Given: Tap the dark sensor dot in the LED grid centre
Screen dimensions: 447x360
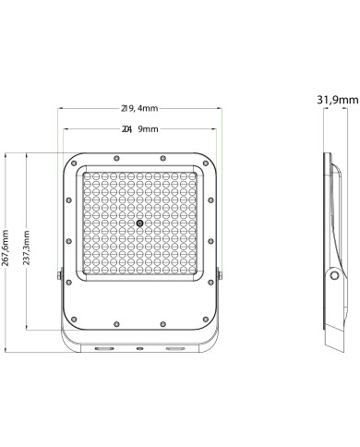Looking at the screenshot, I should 139,223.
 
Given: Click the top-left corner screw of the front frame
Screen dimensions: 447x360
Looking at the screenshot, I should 74,163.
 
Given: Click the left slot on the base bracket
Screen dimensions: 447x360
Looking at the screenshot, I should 103,349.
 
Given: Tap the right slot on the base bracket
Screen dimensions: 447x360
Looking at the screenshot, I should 175,349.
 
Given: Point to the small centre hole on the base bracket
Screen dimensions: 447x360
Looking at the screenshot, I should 139,349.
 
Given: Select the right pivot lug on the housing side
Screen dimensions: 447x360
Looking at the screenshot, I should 221,274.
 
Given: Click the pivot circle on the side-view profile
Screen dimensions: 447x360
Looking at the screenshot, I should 331,274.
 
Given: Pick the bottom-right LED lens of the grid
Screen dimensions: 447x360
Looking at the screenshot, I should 191,274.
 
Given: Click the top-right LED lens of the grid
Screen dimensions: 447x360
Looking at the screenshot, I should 191,174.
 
